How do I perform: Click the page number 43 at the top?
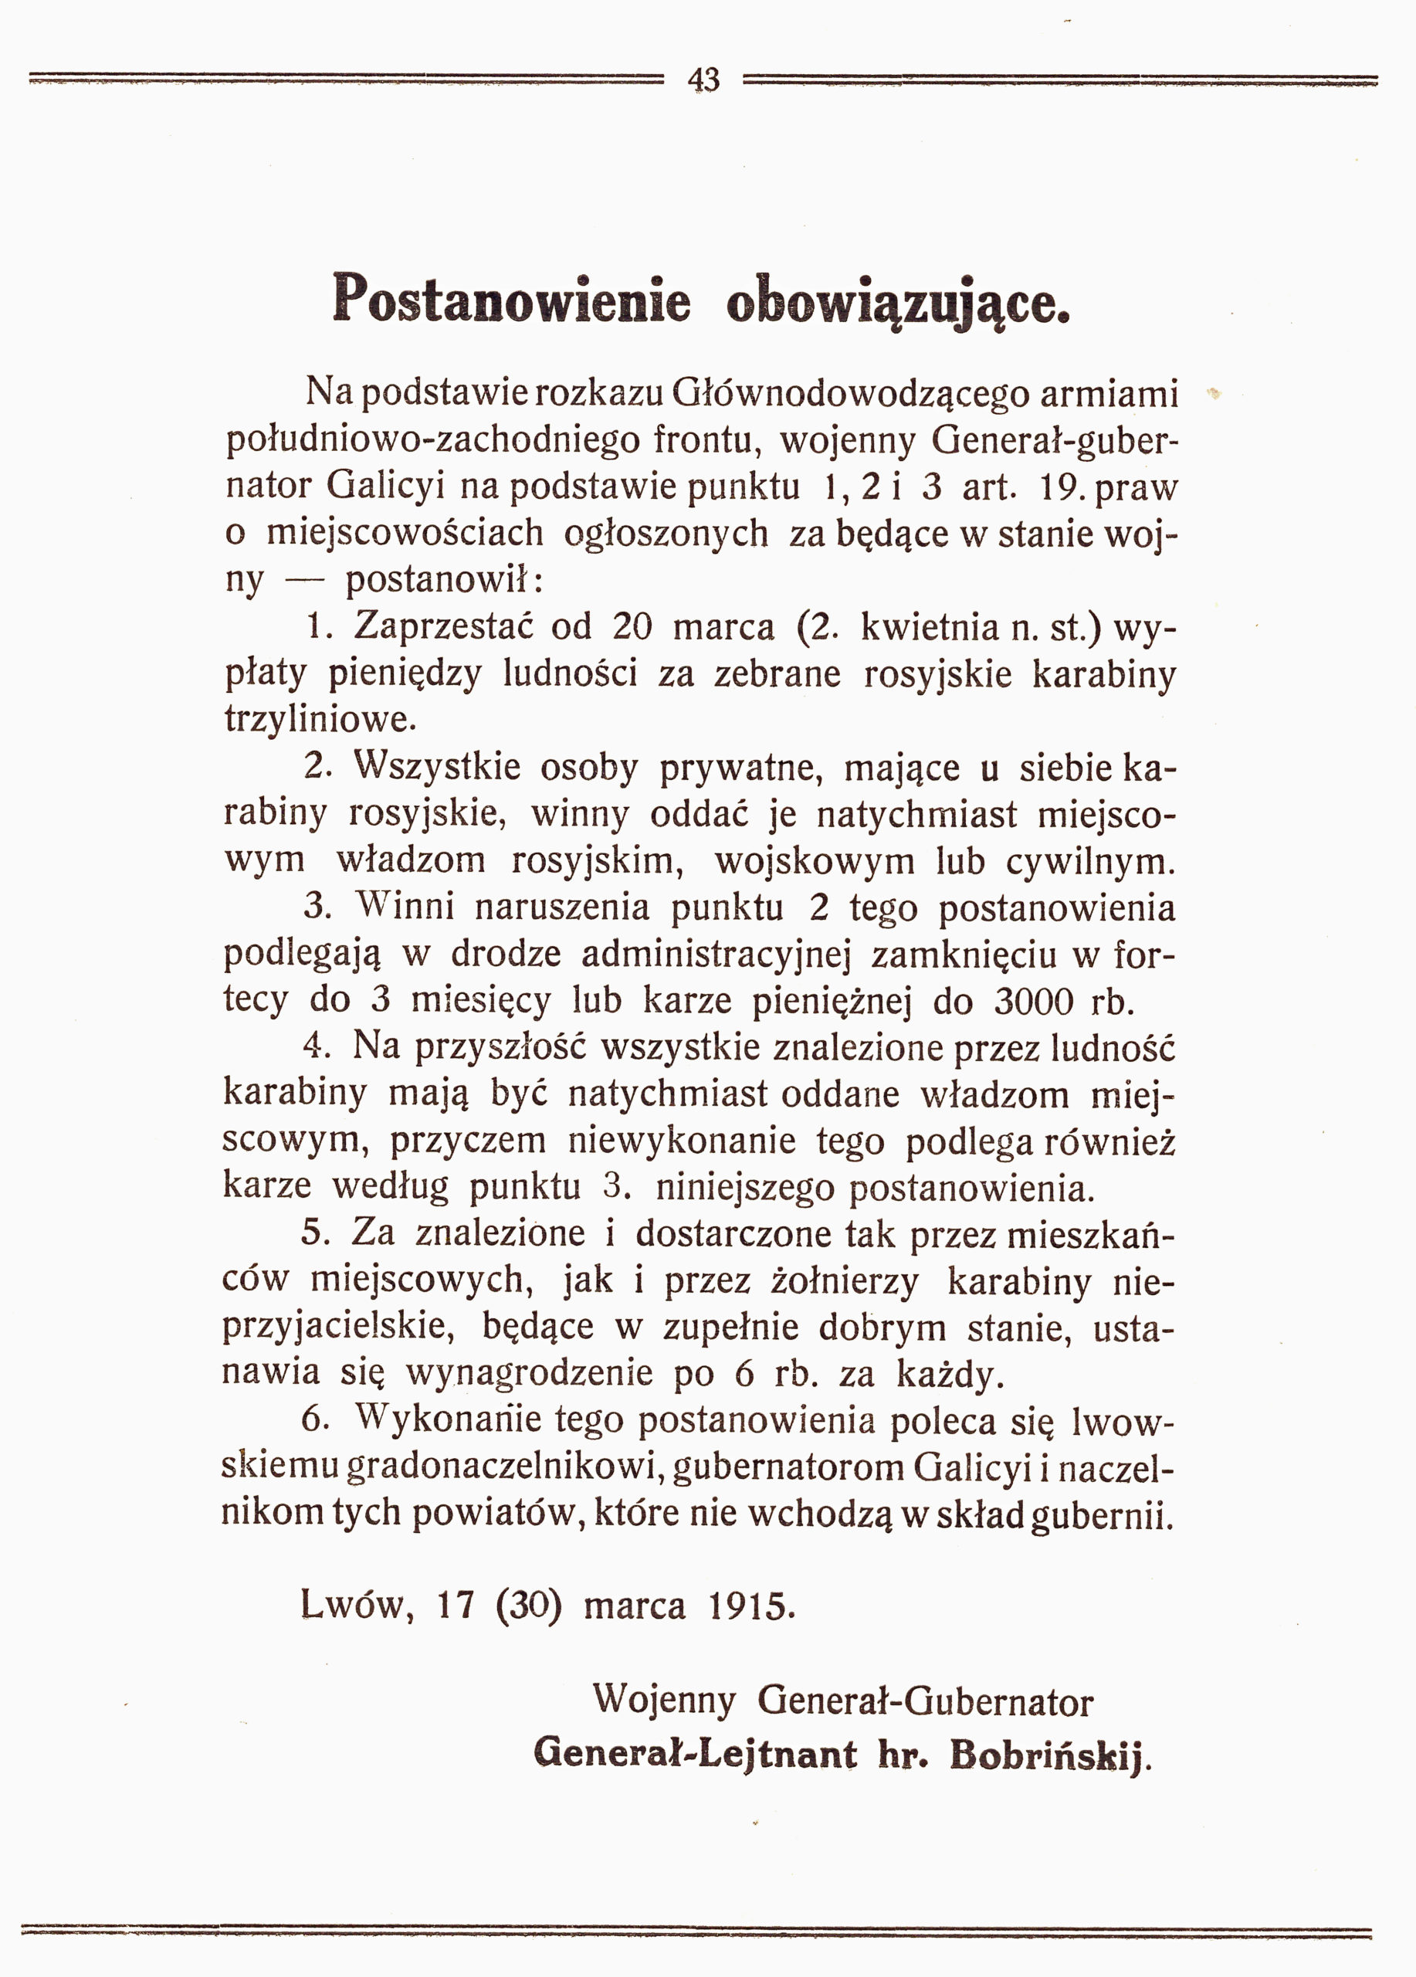coord(703,80)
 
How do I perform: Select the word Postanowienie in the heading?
coord(511,299)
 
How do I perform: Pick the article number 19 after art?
coord(1061,487)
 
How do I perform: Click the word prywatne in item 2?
coord(736,767)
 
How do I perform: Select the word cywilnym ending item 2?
coord(1089,861)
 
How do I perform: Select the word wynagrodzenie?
coord(529,1375)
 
